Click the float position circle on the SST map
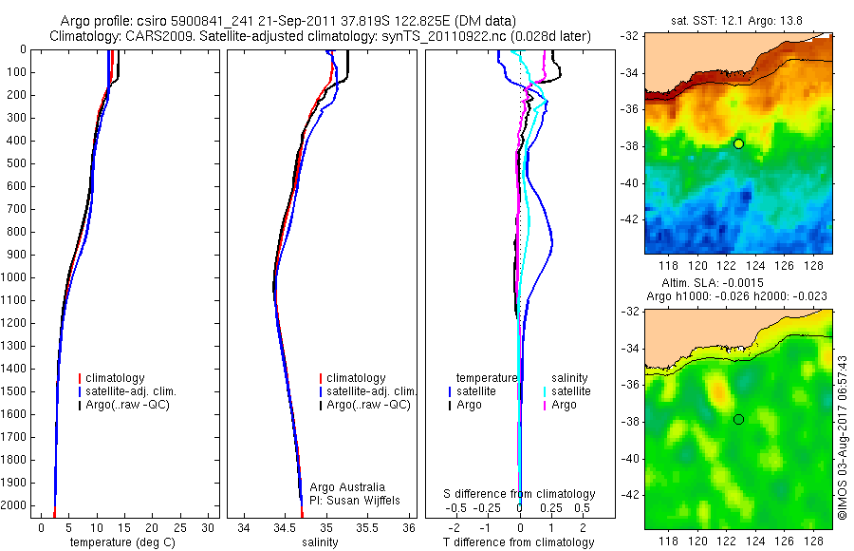pyautogui.click(x=738, y=143)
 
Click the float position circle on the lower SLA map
pyautogui.click(x=738, y=419)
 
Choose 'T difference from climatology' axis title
pyautogui.click(x=519, y=542)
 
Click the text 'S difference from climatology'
pyautogui.click(x=519, y=494)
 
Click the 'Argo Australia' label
pyautogui.click(x=347, y=487)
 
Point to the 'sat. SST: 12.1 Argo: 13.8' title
pyautogui.click(x=737, y=19)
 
